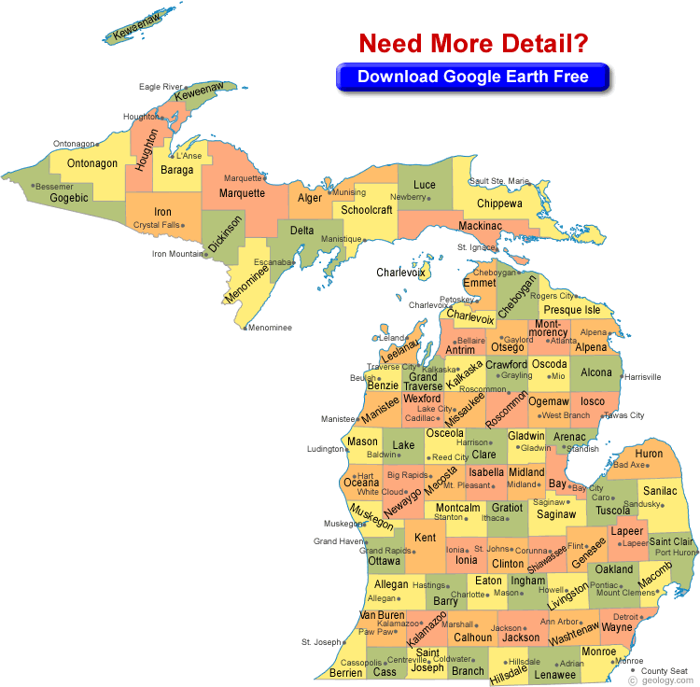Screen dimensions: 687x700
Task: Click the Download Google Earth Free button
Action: (x=473, y=77)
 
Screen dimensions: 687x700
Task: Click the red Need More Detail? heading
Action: (x=473, y=43)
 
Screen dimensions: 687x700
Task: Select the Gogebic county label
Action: (x=69, y=198)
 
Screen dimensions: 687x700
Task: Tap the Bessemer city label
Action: (x=56, y=186)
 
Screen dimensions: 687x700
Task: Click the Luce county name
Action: (x=425, y=185)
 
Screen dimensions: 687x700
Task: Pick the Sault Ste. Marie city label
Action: (x=499, y=181)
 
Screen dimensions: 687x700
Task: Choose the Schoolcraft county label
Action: (x=367, y=210)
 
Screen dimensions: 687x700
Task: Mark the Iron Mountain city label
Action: (x=178, y=253)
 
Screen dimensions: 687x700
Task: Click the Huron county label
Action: (x=649, y=454)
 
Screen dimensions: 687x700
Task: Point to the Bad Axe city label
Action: (x=628, y=465)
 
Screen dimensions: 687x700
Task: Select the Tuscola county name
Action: (x=613, y=511)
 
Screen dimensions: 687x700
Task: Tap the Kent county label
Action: (x=426, y=538)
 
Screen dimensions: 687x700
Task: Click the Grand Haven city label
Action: (x=337, y=541)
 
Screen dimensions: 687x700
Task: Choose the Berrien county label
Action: (x=346, y=672)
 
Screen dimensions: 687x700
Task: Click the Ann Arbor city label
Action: (x=560, y=622)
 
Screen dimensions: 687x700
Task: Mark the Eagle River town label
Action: (x=161, y=87)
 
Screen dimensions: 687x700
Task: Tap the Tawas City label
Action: (x=623, y=415)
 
